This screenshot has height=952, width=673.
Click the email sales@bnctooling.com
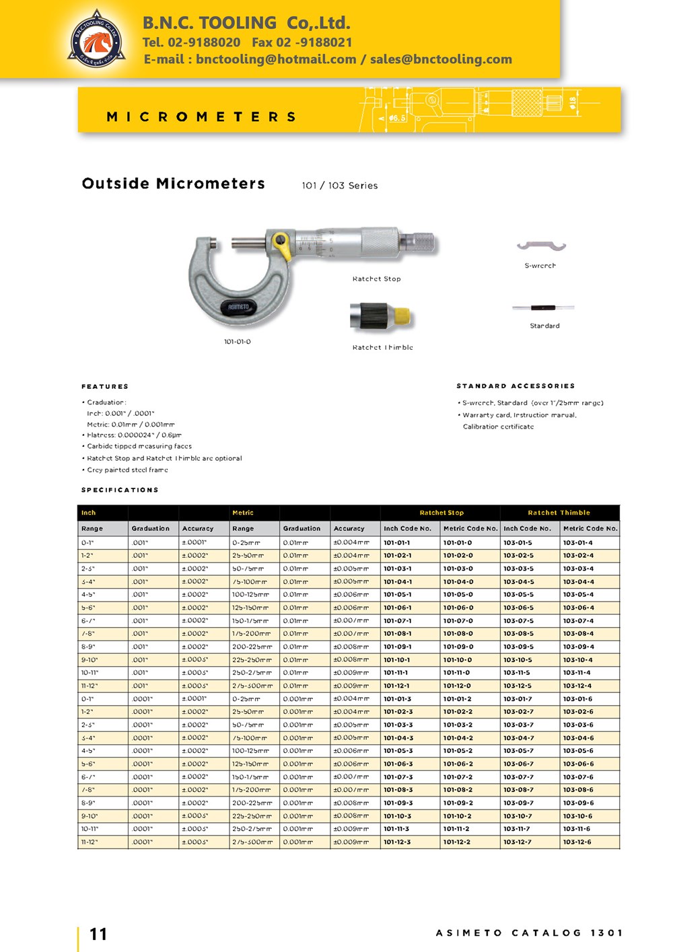click(441, 59)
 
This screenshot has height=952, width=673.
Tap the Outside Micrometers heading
click(173, 184)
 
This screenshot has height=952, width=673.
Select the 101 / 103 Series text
click(339, 186)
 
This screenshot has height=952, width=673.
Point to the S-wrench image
click(541, 247)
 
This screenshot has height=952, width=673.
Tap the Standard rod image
click(543, 308)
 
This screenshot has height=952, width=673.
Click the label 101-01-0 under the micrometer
click(238, 342)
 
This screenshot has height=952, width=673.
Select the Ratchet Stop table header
click(441, 513)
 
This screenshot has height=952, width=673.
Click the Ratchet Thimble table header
click(559, 513)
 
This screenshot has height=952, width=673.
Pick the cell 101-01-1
click(396, 542)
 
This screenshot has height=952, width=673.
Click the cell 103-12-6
click(577, 842)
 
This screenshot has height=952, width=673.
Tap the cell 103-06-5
click(518, 608)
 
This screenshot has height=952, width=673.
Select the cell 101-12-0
click(457, 686)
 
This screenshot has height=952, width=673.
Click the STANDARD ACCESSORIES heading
click(516, 386)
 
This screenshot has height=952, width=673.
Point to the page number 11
click(98, 934)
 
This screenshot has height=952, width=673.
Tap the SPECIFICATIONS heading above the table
click(120, 490)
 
